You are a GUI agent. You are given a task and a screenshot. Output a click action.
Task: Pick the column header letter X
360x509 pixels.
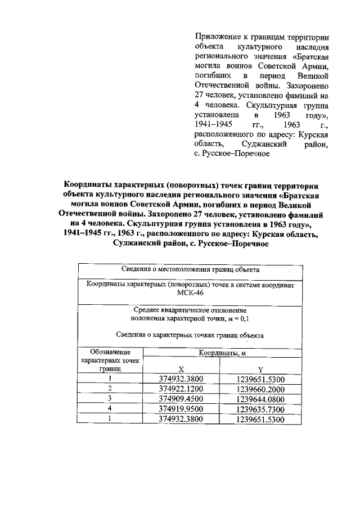tap(181, 370)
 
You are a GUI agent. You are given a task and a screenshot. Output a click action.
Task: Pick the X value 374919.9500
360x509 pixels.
tap(181, 409)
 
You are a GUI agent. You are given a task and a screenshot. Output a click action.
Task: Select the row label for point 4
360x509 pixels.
tap(110, 409)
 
